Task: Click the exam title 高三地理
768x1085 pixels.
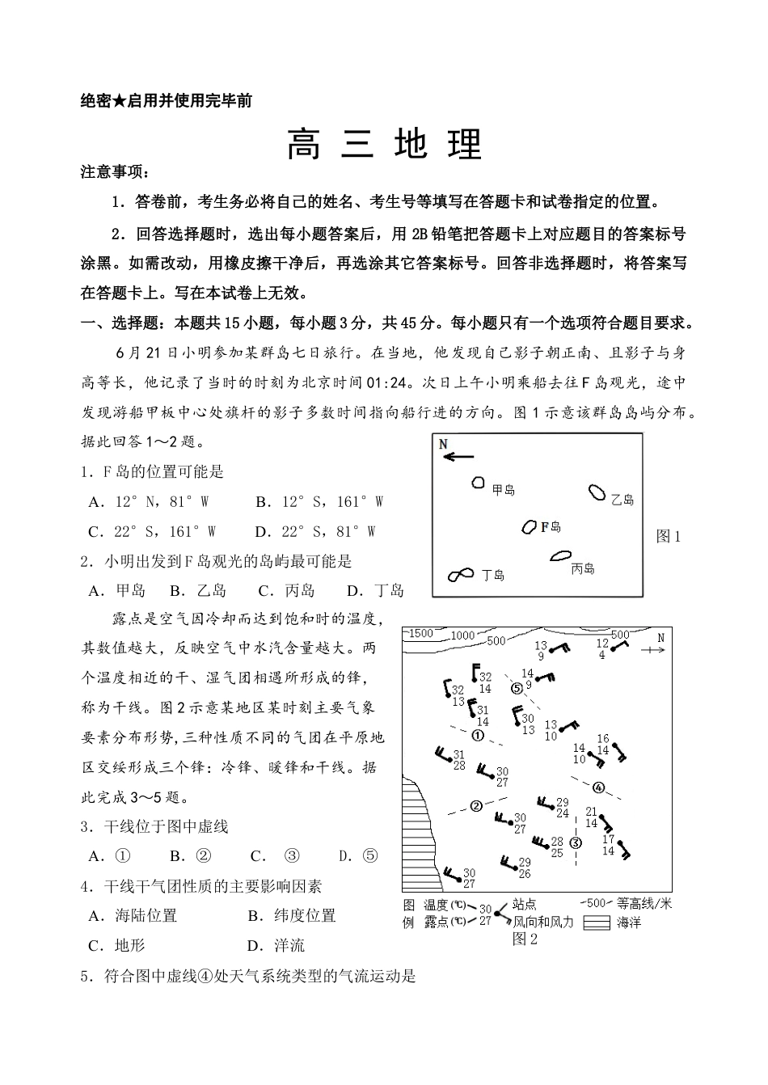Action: pos(385,144)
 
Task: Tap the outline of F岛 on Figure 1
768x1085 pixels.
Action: pos(530,527)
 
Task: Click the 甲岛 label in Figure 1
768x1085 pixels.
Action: pos(504,489)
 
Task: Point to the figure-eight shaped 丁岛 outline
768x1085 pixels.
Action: pos(461,574)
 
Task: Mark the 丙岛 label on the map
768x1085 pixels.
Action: pos(582,569)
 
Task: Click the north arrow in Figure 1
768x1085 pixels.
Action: pos(458,457)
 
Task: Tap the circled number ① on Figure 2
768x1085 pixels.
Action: pos(478,736)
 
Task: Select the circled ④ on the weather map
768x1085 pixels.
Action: pos(598,787)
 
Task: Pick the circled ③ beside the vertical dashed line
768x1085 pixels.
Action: pos(576,842)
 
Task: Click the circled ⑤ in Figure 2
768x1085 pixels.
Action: pos(517,688)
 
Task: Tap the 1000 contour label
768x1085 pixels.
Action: pos(462,635)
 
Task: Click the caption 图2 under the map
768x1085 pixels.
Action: pos(525,939)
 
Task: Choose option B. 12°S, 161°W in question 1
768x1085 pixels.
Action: pos(319,502)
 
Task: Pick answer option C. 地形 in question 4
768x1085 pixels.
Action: pos(116,945)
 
